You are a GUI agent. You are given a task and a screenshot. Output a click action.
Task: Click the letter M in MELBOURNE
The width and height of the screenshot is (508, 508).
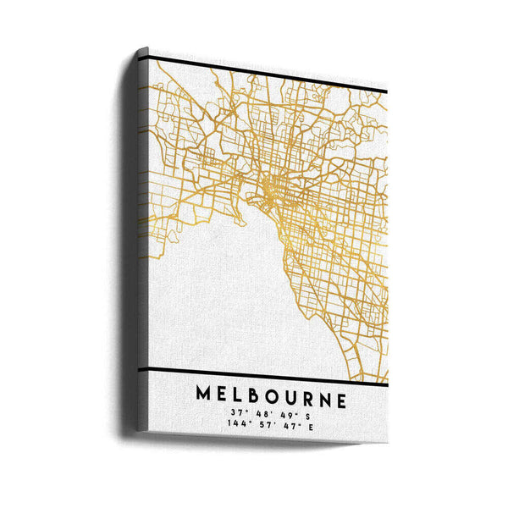coord(205,395)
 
